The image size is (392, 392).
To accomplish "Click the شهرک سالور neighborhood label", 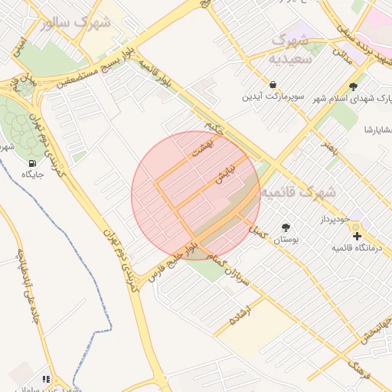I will [x=77, y=22].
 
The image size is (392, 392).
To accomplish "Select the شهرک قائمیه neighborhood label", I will [x=298, y=192].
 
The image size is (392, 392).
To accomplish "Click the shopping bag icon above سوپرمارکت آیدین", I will [x=273, y=84].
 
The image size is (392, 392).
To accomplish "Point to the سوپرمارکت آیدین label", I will [x=274, y=97].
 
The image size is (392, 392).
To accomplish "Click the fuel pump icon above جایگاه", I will [x=31, y=163].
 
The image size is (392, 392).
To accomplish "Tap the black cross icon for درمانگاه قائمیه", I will [x=357, y=234].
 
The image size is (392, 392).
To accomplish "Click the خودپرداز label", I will [x=335, y=219].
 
